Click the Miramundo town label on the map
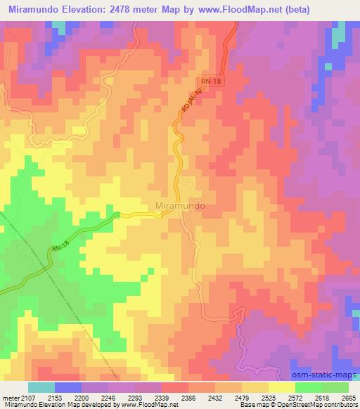[x=179, y=207]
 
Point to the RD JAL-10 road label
[x=195, y=102]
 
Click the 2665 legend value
[x=349, y=398]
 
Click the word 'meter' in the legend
[x=9, y=398]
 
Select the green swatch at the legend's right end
[x=335, y=387]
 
